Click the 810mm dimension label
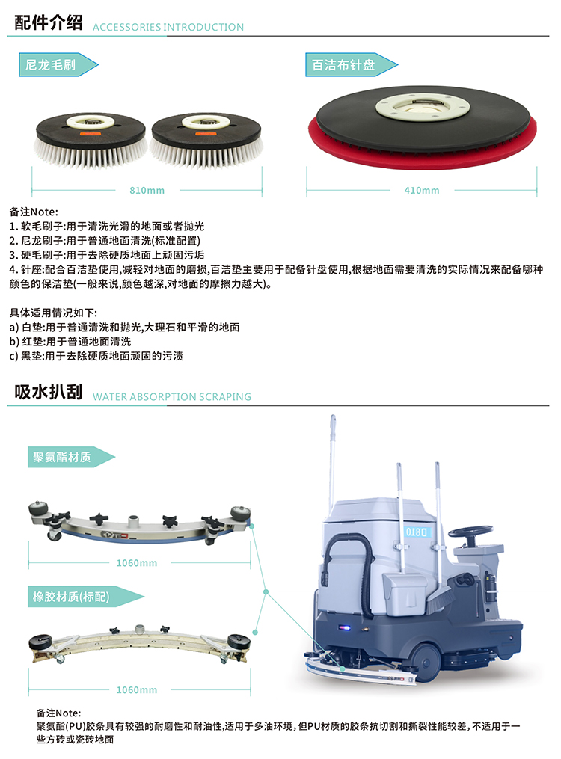147,190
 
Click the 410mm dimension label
422,190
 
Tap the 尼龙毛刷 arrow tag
58,65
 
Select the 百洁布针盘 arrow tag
351,65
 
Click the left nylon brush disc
90,140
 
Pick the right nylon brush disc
206,140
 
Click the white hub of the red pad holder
422,108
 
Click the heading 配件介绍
49,22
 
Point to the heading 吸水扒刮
49,392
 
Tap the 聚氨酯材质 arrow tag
70,457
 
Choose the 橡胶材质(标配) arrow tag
85,597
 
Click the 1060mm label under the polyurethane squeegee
136,563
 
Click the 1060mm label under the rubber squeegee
136,689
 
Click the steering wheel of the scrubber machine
470,531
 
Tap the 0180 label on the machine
417,532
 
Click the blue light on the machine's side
346,628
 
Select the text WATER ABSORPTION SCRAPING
172,397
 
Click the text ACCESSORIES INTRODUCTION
168,27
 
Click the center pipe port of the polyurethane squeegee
134,522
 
